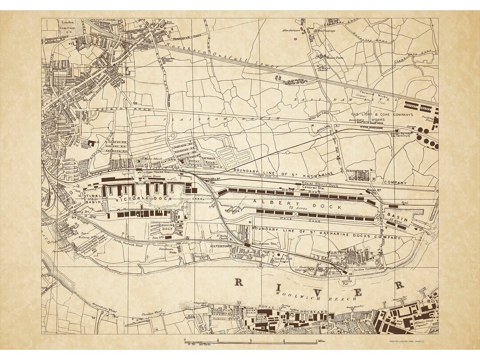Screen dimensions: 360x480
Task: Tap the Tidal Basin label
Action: [93, 198]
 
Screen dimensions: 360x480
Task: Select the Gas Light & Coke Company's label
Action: [380, 114]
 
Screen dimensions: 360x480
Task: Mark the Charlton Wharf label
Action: [151, 314]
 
